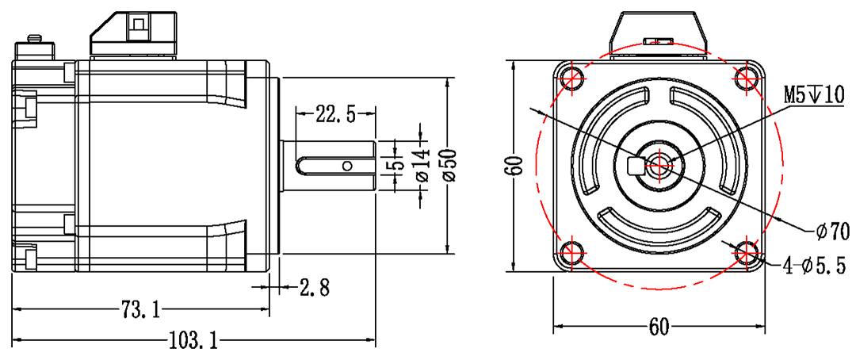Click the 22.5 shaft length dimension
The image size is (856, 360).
point(335,114)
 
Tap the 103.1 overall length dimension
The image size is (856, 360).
point(193,341)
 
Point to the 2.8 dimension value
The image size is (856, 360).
point(315,286)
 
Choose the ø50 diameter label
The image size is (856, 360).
point(450,165)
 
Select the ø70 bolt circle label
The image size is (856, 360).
point(832,232)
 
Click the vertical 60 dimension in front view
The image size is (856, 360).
point(517,165)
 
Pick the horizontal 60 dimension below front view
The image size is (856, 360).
point(659,326)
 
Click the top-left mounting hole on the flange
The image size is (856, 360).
point(571,78)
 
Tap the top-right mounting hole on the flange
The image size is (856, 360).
point(745,78)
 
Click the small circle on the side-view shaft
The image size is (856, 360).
point(346,166)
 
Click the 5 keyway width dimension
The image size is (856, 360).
point(399,165)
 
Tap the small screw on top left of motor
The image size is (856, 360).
point(34,39)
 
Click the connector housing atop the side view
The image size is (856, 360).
point(133,33)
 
